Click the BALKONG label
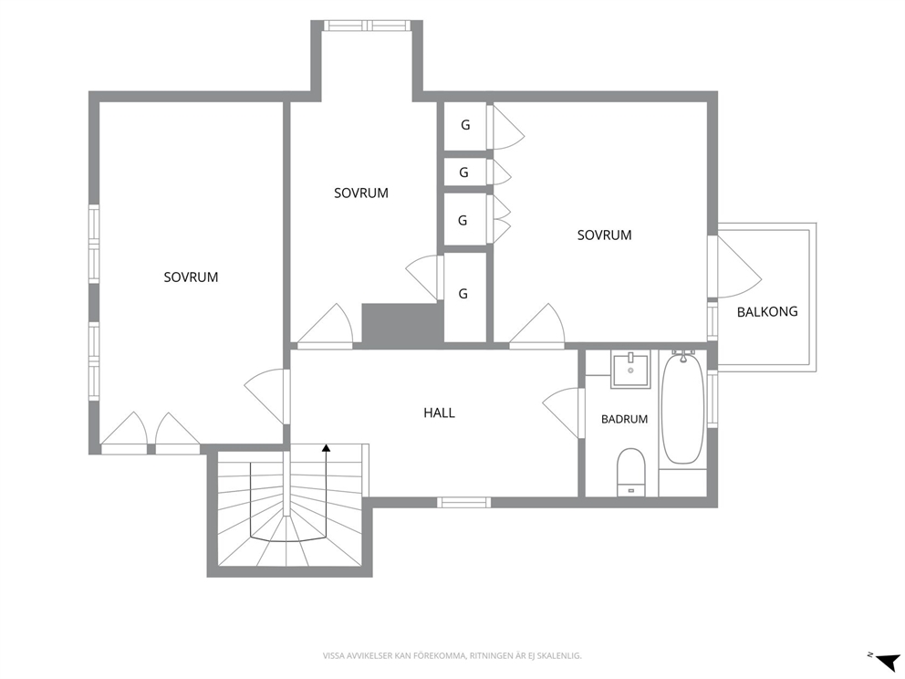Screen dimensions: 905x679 click(767, 312)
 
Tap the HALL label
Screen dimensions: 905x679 click(439, 413)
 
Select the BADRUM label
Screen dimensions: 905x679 click(624, 419)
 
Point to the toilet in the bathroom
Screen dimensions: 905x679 click(630, 473)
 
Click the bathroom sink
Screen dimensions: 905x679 click(630, 370)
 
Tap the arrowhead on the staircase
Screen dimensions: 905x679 click(326, 447)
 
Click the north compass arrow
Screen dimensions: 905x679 click(889, 660)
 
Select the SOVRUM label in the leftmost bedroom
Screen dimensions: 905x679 click(191, 277)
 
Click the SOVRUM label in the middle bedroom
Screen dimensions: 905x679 click(360, 193)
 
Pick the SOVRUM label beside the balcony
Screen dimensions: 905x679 click(604, 235)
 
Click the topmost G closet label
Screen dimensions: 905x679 click(465, 125)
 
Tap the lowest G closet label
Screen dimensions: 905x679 click(463, 294)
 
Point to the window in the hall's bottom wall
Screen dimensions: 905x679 click(463, 502)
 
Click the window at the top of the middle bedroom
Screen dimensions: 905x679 click(367, 26)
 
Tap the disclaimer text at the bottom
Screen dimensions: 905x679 click(452, 656)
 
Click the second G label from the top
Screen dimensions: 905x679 click(463, 172)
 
